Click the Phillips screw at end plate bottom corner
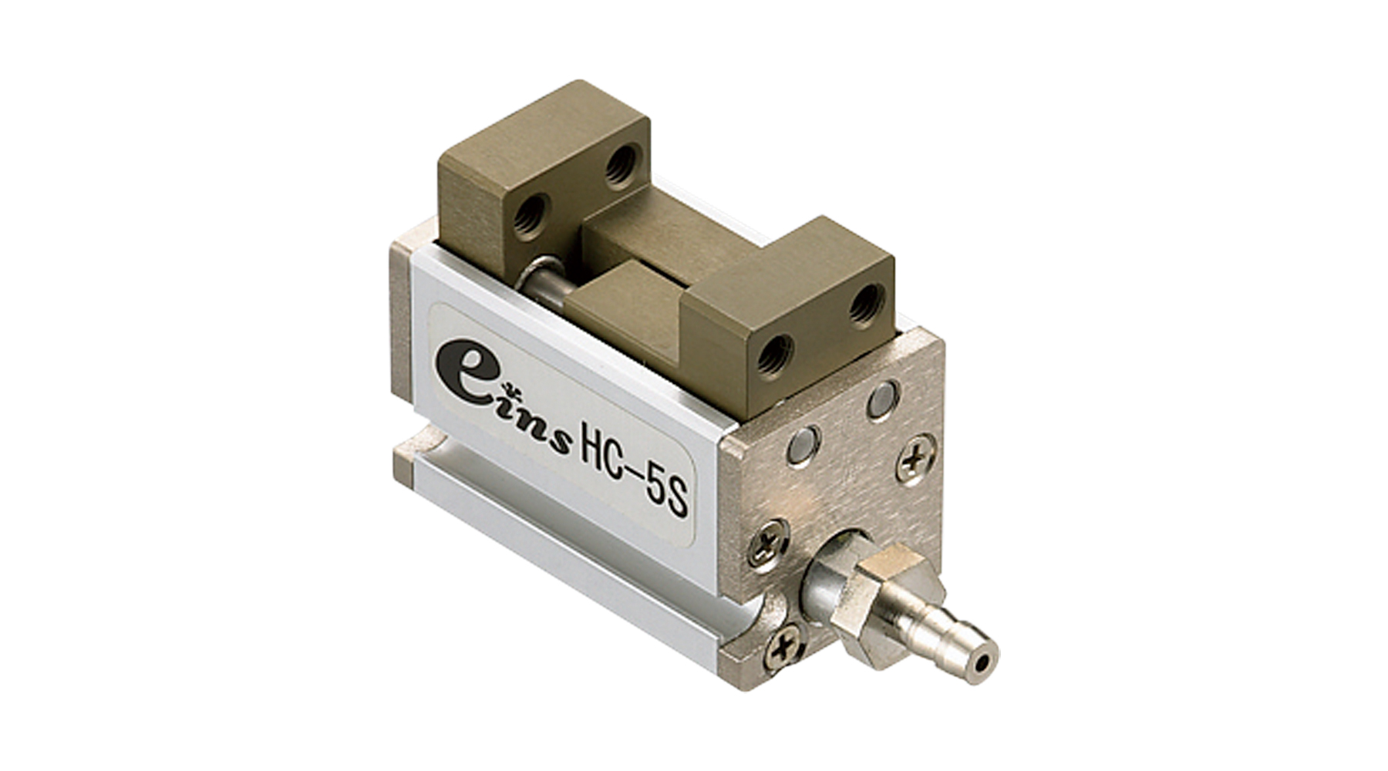pyautogui.click(x=783, y=649)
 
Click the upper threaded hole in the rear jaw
pyautogui.click(x=620, y=166)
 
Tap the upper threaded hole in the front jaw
pyautogui.click(x=867, y=305)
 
